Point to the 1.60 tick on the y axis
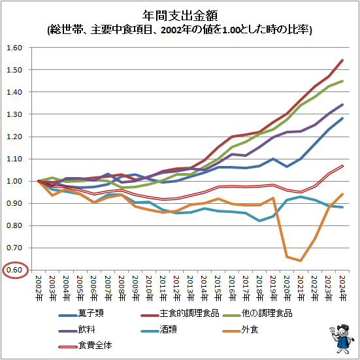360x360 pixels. click(14, 48)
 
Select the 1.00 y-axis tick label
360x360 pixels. click(14, 181)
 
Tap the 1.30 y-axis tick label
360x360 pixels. click(14, 114)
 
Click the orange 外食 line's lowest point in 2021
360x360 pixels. click(300, 261)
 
